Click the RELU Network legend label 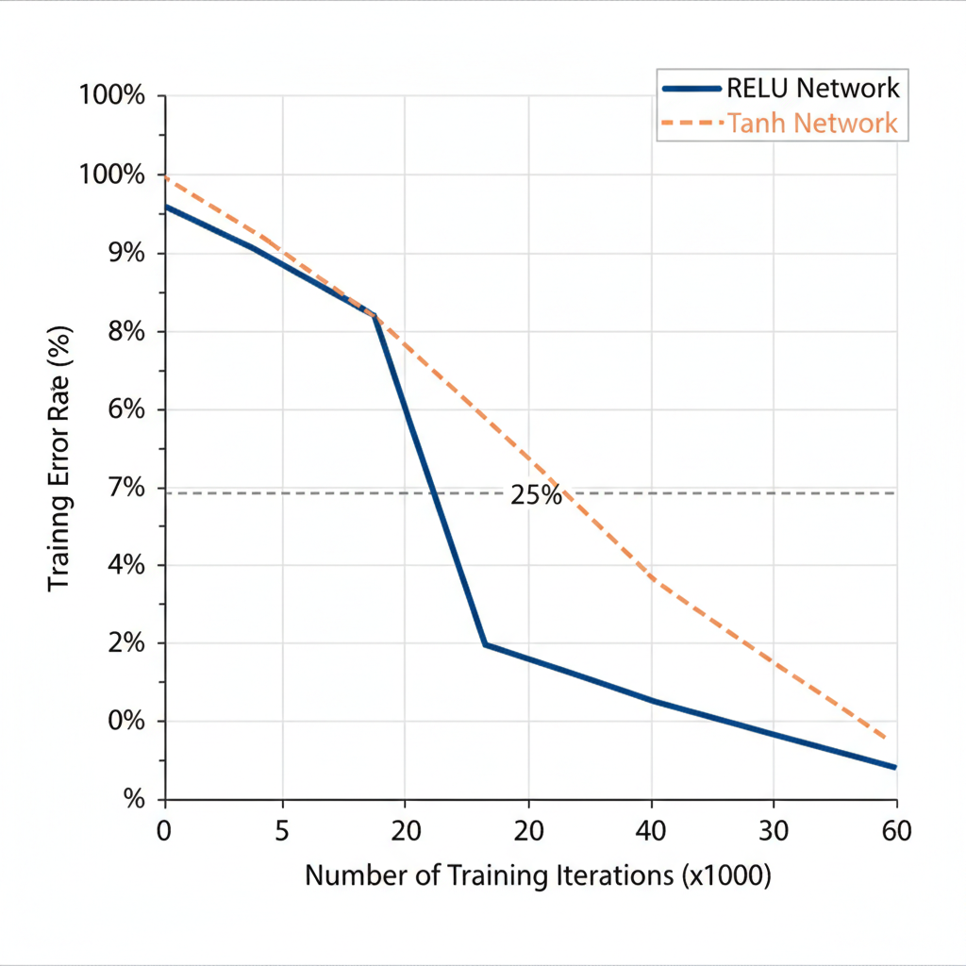point(812,89)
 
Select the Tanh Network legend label point(812,123)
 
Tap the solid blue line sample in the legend point(692,89)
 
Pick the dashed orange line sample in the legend point(692,123)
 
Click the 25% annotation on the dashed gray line point(536,495)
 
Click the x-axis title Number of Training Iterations point(538,875)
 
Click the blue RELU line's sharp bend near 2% point(484,644)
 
